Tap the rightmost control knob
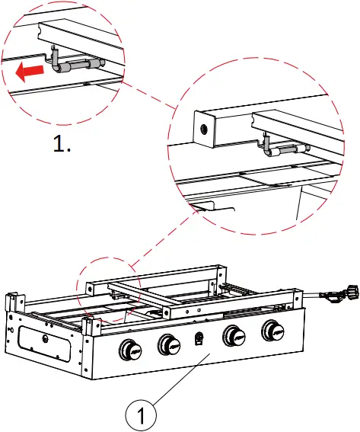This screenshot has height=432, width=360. click(271, 331)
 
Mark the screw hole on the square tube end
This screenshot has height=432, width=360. click(204, 129)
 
